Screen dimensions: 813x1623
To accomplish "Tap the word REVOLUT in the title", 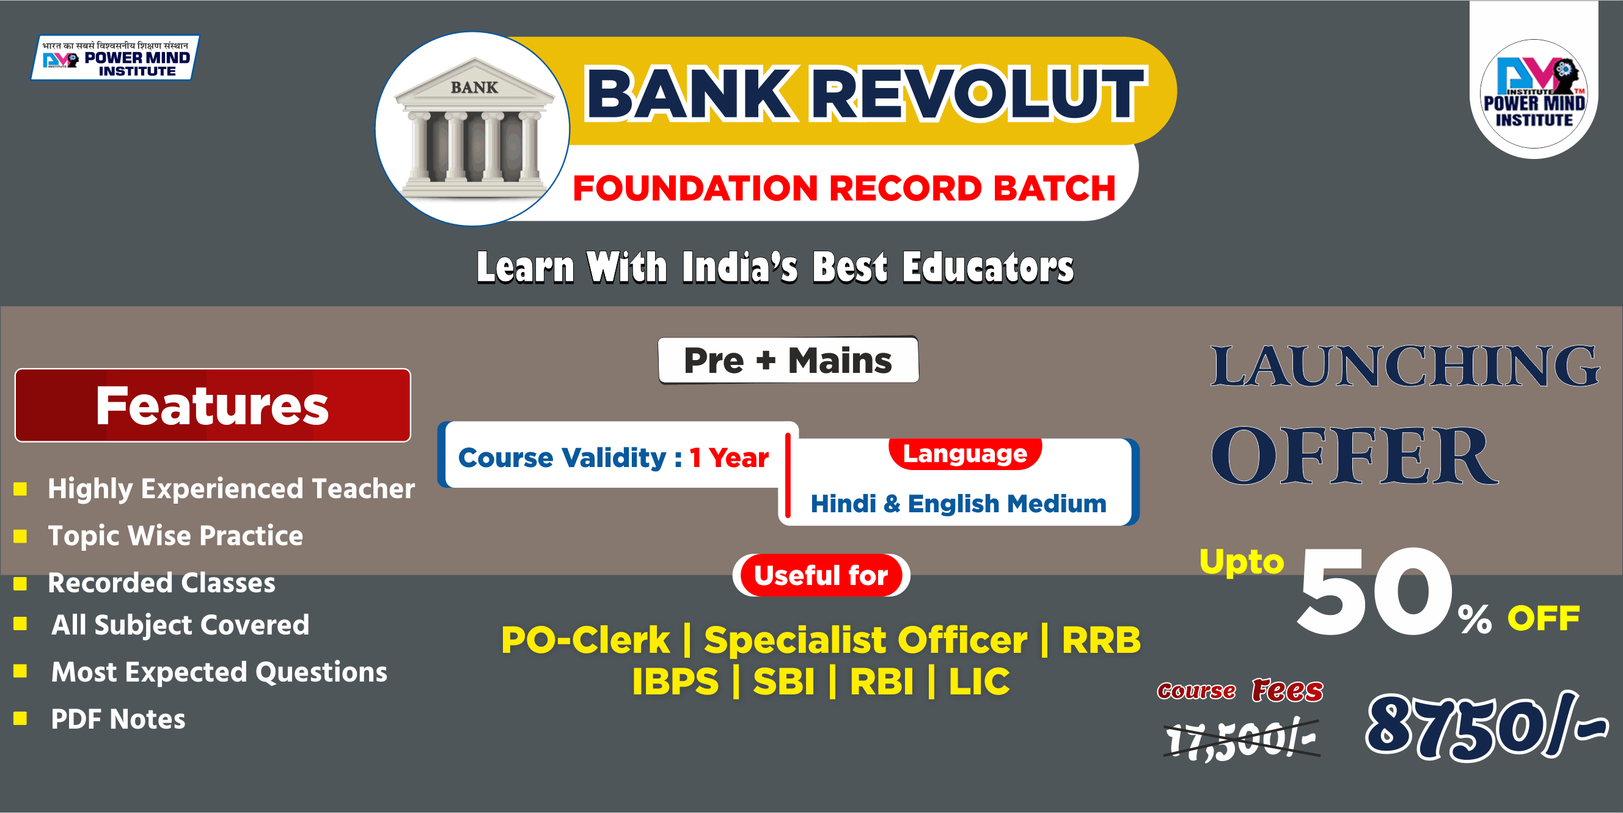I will click(977, 95).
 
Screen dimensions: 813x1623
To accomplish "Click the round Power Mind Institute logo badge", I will click(1533, 95).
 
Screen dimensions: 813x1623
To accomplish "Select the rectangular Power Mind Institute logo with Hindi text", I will click(115, 58).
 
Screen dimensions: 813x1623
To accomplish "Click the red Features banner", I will click(212, 405).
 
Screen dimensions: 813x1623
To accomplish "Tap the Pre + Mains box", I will click(788, 361).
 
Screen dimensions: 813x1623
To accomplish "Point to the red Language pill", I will click(965, 453).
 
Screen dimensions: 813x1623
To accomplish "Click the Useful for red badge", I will click(820, 575).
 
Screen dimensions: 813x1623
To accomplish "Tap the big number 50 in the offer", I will click(1375, 592).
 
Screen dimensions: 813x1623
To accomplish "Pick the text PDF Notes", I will click(118, 719).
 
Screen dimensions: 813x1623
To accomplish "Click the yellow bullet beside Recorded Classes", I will click(20, 584).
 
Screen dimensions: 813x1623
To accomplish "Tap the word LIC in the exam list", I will click(978, 682).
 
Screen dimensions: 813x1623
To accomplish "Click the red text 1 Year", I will click(728, 458).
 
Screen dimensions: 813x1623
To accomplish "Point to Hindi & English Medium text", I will click(958, 504).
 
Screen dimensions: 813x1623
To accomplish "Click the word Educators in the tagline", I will click(987, 267).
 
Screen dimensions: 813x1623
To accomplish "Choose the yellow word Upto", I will click(1241, 561).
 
